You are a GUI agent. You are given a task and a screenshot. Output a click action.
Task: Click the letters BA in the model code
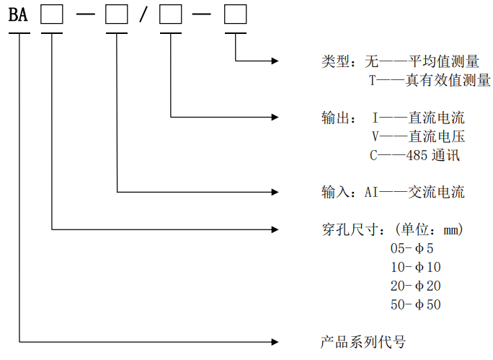(x=18, y=14)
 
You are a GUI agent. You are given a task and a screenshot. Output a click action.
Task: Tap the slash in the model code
(x=143, y=14)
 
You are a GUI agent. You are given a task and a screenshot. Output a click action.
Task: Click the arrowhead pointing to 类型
(x=275, y=61)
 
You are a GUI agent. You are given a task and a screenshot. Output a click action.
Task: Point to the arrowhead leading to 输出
(x=275, y=117)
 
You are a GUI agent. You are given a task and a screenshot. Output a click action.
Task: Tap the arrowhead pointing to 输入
(x=275, y=192)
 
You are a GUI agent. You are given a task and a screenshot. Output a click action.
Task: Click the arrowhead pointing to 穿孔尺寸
(x=275, y=229)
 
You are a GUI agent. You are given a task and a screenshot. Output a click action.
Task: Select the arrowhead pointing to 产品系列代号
(x=275, y=342)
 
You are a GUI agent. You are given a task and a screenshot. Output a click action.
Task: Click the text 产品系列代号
(x=363, y=342)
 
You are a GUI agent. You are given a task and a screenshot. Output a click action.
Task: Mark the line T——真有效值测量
(x=430, y=80)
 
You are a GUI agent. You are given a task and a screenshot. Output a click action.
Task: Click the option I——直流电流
(x=419, y=118)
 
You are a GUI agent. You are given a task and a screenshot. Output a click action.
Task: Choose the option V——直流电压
(x=419, y=136)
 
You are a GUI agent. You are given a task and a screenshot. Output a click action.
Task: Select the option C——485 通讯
(x=414, y=155)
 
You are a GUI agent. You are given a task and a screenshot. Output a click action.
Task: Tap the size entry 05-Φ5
(x=412, y=248)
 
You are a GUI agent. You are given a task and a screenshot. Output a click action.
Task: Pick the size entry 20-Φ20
(x=416, y=286)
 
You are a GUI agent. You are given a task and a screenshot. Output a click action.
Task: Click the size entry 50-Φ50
(x=416, y=304)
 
